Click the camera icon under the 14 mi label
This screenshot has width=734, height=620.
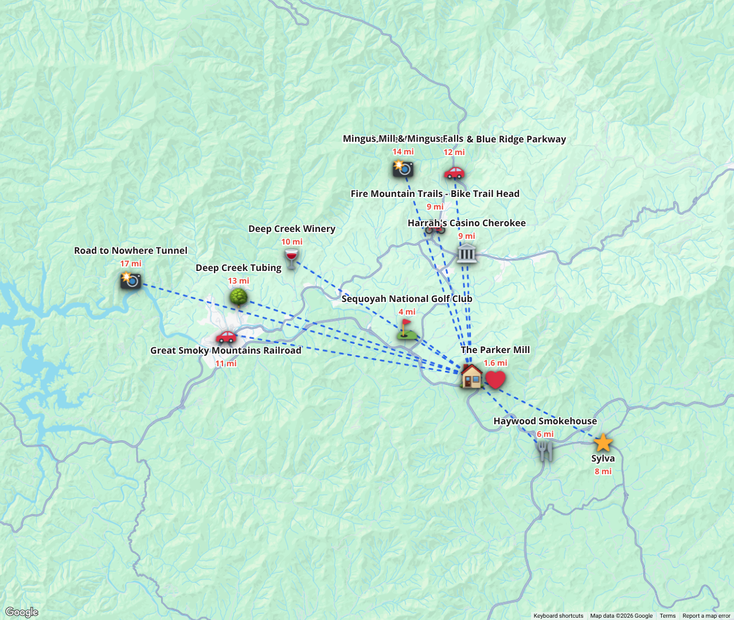pos(403,168)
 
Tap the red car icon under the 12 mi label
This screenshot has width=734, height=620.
pos(454,172)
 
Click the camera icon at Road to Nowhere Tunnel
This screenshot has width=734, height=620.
pos(131,280)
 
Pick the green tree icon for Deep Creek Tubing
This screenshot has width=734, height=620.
pos(239,297)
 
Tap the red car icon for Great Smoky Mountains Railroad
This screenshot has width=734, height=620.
pos(226,336)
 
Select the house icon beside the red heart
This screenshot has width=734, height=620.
pos(471,376)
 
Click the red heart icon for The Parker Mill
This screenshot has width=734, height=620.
pos(495,379)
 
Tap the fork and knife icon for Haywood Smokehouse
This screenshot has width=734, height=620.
pos(545,451)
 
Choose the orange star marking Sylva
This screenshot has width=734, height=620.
pos(603,443)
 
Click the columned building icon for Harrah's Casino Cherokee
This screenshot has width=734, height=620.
pos(466,253)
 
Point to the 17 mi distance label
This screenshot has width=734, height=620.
pos(131,263)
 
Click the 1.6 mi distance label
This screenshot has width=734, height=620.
pos(495,363)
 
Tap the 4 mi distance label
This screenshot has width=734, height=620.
pos(407,312)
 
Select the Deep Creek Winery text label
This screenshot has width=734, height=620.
pos(292,228)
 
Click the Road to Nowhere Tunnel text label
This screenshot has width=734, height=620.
pos(131,250)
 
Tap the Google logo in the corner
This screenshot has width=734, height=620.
pos(22,612)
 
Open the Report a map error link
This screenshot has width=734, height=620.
pos(706,615)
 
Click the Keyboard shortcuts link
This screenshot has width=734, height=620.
pos(559,615)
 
